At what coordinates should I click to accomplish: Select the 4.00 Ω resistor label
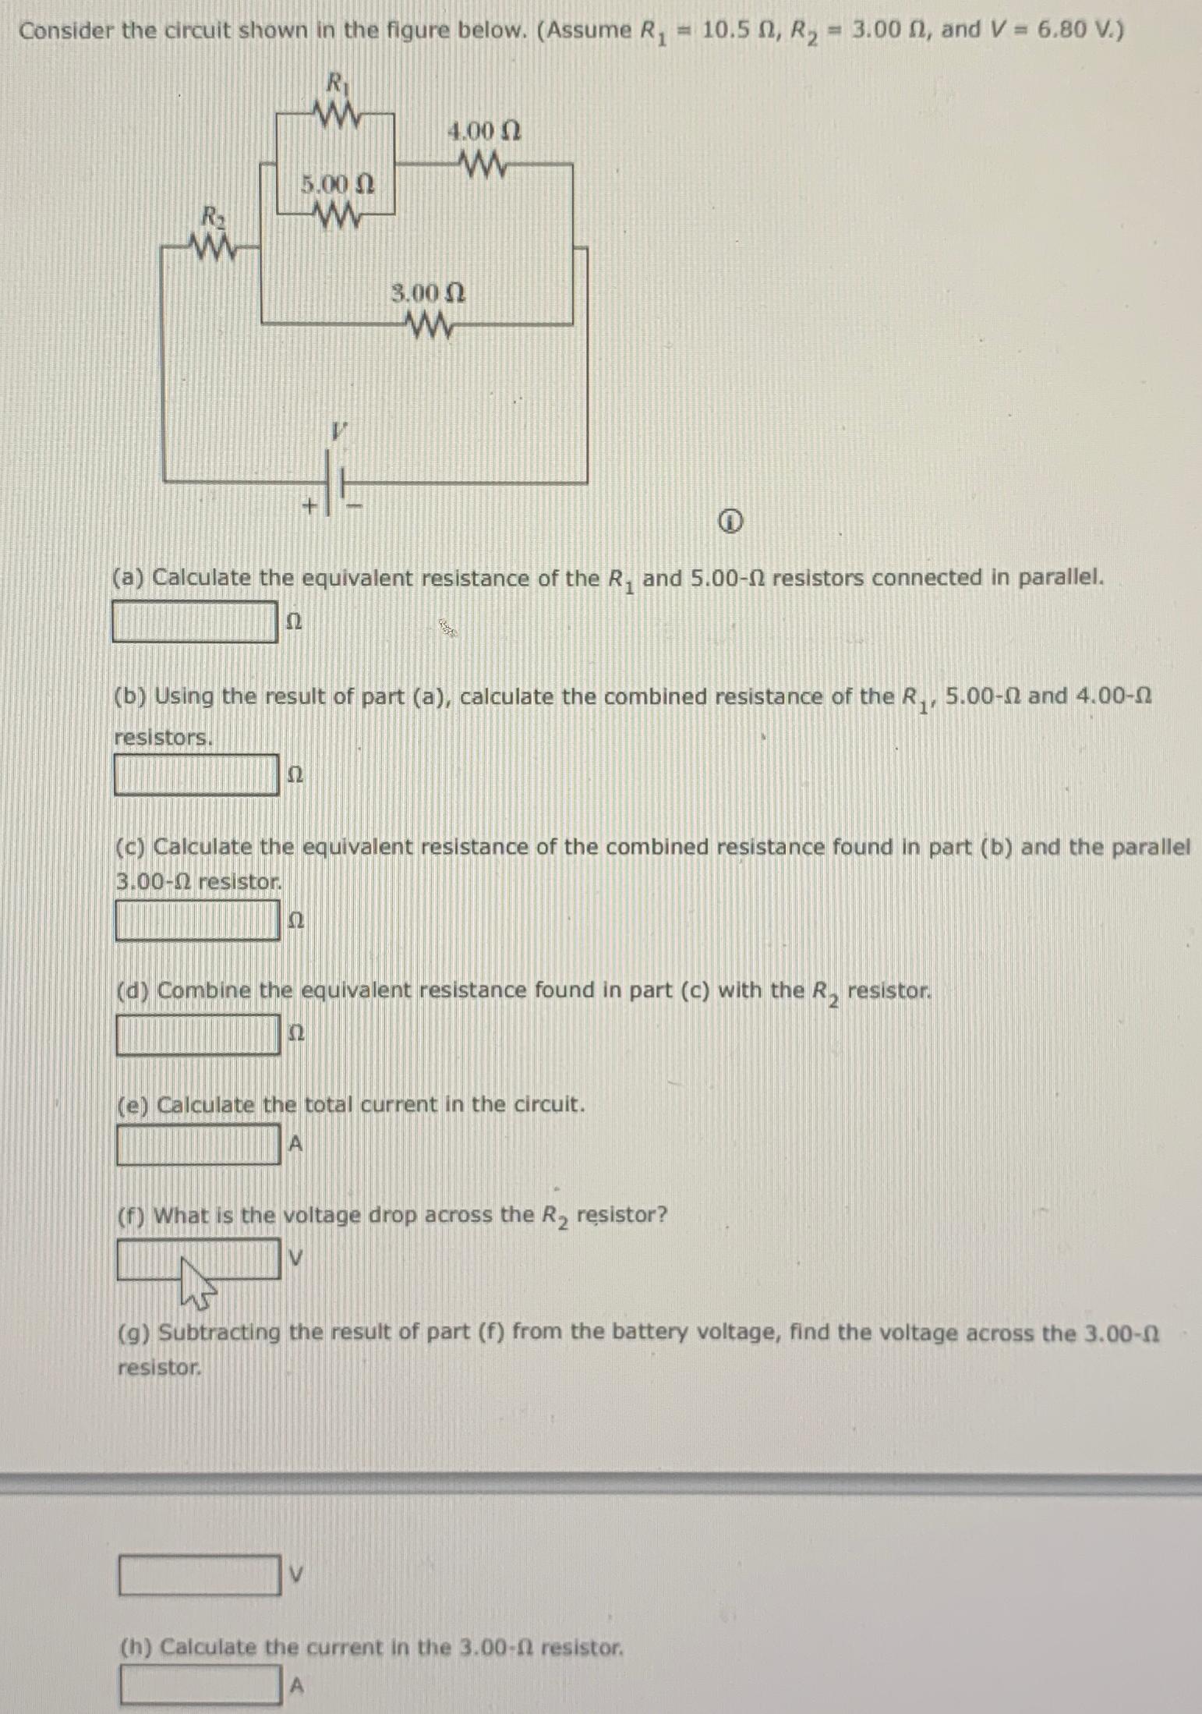coord(484,131)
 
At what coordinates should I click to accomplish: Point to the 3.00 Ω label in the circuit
coord(428,293)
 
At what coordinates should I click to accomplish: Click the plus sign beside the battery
coord(309,506)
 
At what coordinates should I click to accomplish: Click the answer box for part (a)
coord(195,622)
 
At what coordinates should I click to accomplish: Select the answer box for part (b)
coord(196,774)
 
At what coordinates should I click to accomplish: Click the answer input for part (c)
coord(197,920)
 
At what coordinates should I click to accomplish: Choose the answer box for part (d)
coord(198,1033)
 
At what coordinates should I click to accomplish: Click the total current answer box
coord(198,1144)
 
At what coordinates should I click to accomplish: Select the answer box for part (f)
coord(198,1258)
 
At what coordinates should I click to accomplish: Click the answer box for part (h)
coord(200,1685)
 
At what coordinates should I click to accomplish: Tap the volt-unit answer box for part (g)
coord(200,1574)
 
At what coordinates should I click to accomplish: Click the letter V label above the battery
coord(338,430)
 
